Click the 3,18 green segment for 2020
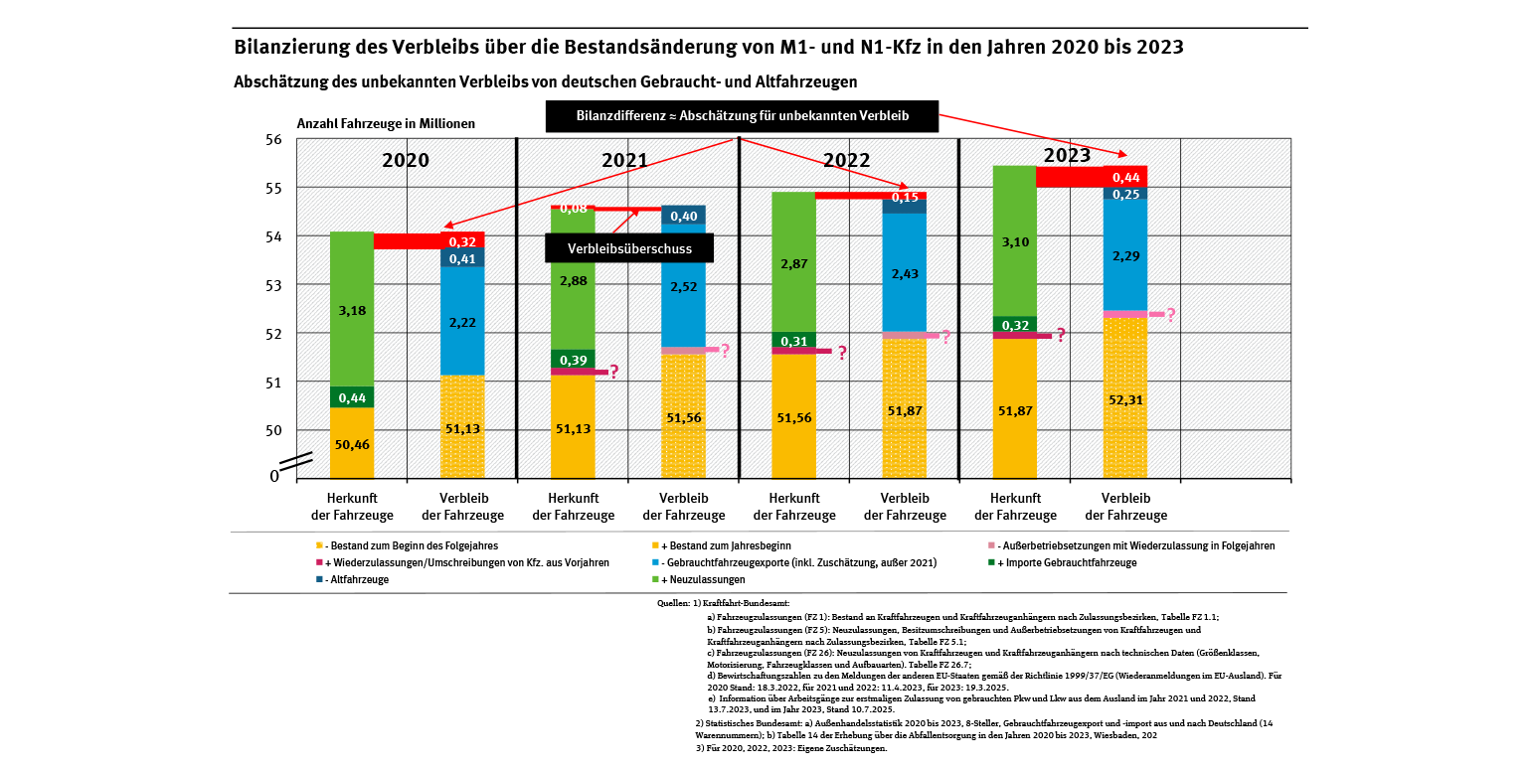pyautogui.click(x=352, y=310)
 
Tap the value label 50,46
pyautogui.click(x=352, y=444)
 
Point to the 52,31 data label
pyautogui.click(x=1125, y=400)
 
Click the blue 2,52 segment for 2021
pyautogui.click(x=684, y=288)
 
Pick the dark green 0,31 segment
pyautogui.click(x=794, y=341)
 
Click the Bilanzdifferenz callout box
pyautogui.click(x=742, y=116)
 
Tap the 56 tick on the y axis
pyautogui.click(x=274, y=139)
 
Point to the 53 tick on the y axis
pyautogui.click(x=274, y=285)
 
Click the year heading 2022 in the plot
pyautogui.click(x=847, y=160)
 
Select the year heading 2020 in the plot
pyautogui.click(x=406, y=160)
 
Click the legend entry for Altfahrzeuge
pyautogui.click(x=356, y=579)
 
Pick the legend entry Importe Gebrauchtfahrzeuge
pyautogui.click(x=1073, y=562)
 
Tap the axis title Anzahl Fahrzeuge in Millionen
pyautogui.click(x=386, y=124)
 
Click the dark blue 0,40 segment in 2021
pyautogui.click(x=684, y=216)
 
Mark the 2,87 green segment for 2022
pyautogui.click(x=794, y=262)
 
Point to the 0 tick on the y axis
pyautogui.click(x=274, y=476)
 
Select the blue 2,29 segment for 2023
pyautogui.click(x=1125, y=255)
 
